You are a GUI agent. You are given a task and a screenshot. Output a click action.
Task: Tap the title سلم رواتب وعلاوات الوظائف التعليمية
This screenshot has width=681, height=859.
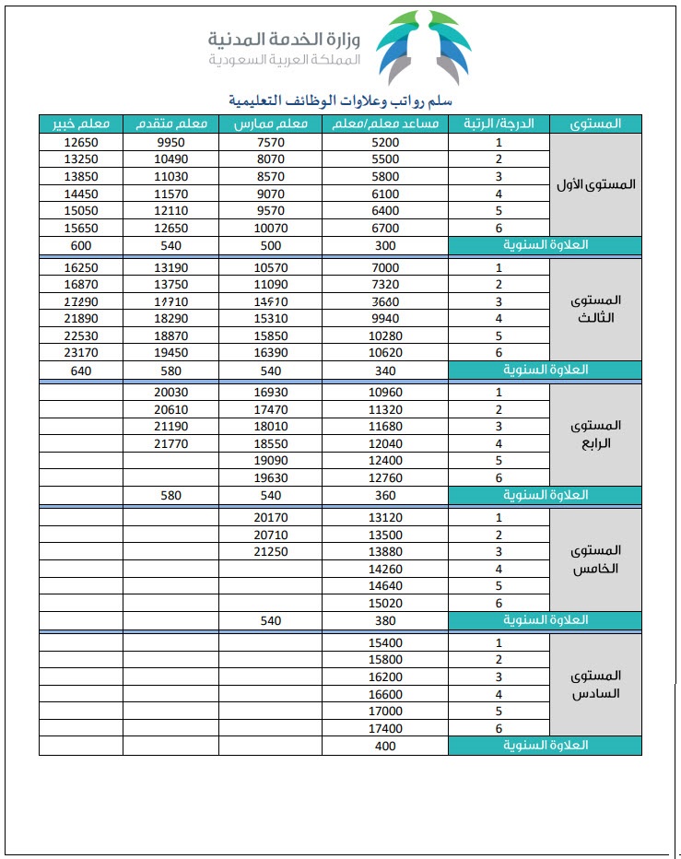tap(346, 100)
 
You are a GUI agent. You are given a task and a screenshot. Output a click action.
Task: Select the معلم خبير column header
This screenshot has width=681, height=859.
tap(81, 124)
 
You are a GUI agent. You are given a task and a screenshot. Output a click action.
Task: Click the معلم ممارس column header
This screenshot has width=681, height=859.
tap(270, 124)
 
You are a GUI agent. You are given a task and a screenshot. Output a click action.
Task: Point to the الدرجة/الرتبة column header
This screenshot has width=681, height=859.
tap(499, 124)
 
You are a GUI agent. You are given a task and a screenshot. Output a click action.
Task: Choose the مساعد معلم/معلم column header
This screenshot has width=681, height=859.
tap(385, 124)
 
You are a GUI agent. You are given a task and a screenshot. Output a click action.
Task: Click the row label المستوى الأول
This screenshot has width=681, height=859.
tap(596, 184)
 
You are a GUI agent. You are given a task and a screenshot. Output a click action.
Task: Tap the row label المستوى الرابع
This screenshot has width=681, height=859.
tap(596, 433)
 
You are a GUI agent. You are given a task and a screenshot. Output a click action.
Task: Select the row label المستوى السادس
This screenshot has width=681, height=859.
tap(596, 685)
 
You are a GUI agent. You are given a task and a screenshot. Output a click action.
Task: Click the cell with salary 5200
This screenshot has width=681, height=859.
tap(385, 142)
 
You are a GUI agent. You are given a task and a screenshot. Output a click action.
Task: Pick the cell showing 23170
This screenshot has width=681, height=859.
tap(81, 352)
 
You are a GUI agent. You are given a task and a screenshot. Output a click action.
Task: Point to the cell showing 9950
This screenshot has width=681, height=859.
tap(171, 142)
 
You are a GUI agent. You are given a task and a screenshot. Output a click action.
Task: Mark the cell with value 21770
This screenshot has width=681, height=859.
tap(171, 444)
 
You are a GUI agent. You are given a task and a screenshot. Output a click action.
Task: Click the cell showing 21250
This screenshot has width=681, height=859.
tap(270, 551)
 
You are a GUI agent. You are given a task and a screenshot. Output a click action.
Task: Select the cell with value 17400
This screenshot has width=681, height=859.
tap(385, 728)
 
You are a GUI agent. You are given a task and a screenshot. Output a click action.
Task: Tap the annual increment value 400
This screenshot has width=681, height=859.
tap(385, 746)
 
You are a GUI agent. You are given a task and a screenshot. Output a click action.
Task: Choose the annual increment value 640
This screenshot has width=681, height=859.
tap(81, 370)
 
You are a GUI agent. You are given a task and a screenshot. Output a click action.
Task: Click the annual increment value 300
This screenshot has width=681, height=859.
tap(385, 245)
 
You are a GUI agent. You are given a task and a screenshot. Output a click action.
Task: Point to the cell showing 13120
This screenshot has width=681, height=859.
tap(385, 518)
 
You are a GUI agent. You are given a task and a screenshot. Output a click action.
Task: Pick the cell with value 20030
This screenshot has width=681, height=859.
tap(171, 393)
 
